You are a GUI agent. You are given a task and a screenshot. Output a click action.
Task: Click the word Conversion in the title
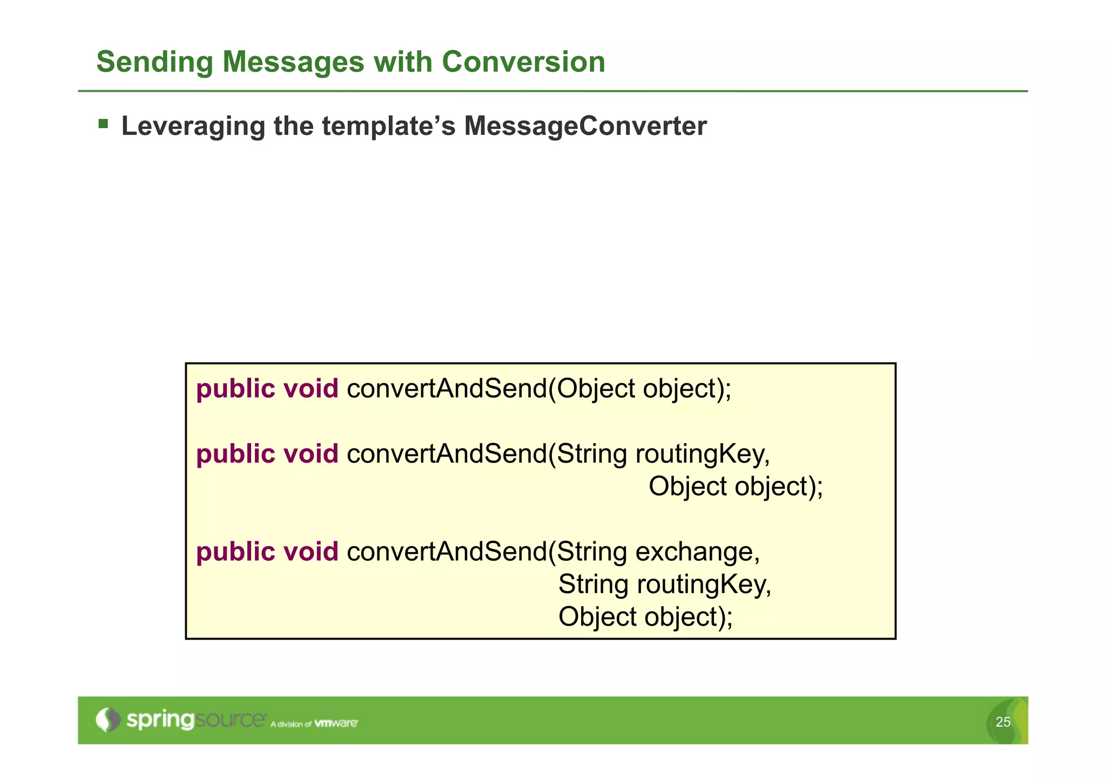(523, 62)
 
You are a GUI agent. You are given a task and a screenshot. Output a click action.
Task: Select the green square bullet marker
(103, 125)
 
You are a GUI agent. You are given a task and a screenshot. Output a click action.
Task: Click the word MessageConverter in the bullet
(585, 126)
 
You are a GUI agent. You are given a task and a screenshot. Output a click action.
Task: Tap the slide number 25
(1002, 722)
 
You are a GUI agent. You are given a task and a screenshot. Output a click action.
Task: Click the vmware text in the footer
(335, 723)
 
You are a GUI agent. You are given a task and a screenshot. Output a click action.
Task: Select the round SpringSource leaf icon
(108, 719)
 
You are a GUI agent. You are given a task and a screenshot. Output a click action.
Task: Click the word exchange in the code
(697, 552)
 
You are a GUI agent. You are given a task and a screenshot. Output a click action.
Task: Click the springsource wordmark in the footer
(195, 720)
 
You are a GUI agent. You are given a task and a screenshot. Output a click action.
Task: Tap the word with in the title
(403, 62)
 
